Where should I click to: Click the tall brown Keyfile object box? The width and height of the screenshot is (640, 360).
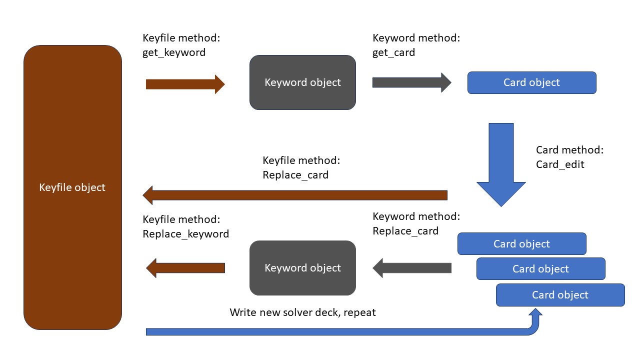[73, 187]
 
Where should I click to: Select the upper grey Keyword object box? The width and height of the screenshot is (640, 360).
[302, 82]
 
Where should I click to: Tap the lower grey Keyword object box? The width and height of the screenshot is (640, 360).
[302, 268]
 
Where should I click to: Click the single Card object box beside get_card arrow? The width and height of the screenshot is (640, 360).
[531, 82]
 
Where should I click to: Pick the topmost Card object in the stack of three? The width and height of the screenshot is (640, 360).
[521, 243]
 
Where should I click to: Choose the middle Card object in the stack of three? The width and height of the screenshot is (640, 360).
[541, 269]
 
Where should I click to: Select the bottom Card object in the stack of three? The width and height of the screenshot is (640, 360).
[560, 295]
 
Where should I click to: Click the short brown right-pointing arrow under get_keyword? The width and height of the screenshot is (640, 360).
[185, 84]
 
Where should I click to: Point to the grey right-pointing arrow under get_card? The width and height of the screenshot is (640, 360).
[411, 82]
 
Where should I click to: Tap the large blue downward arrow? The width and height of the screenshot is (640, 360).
[501, 165]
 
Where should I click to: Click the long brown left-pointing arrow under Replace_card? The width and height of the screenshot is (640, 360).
[295, 195]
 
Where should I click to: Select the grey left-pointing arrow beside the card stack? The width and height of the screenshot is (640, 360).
[411, 268]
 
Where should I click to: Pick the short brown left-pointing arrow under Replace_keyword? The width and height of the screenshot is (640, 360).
[185, 268]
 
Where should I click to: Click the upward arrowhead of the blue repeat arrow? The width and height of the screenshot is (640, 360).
[535, 312]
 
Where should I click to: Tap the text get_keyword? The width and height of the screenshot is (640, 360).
[174, 52]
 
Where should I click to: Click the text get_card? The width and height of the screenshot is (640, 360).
[393, 52]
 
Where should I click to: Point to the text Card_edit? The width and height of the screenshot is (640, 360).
[560, 164]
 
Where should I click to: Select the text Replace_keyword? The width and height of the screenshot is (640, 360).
[185, 234]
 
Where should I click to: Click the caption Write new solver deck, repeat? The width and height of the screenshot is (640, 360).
[302, 312]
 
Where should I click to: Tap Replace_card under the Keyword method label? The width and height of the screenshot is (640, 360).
[405, 231]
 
